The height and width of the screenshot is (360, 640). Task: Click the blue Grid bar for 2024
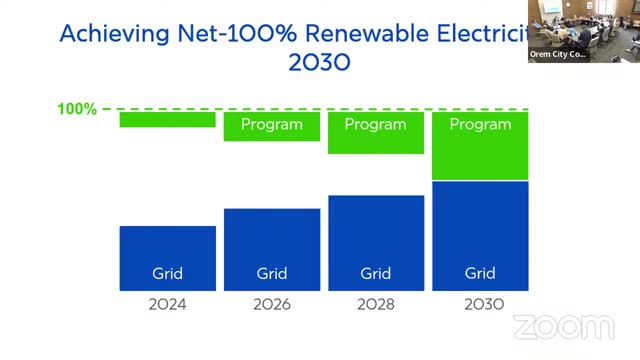167,258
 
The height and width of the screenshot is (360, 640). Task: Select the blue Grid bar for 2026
271,249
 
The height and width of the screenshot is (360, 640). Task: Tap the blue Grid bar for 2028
376,243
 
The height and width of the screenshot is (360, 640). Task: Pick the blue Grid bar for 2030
480,236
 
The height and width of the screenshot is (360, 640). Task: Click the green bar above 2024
167,119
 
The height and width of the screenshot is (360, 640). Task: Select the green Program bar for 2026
271,126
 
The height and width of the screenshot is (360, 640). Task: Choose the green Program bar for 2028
376,132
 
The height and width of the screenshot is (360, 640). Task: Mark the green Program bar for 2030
480,145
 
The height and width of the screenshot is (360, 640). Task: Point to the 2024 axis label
167,304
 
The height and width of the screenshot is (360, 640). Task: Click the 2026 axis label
271,304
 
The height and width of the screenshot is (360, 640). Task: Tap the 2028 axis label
376,304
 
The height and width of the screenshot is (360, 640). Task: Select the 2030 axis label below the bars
480,304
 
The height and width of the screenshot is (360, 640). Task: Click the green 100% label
77,108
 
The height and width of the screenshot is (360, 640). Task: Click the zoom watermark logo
564,327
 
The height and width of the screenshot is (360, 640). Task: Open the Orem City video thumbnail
583,31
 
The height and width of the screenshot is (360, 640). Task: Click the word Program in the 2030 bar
480,125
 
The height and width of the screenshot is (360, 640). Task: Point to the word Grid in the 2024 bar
167,273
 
